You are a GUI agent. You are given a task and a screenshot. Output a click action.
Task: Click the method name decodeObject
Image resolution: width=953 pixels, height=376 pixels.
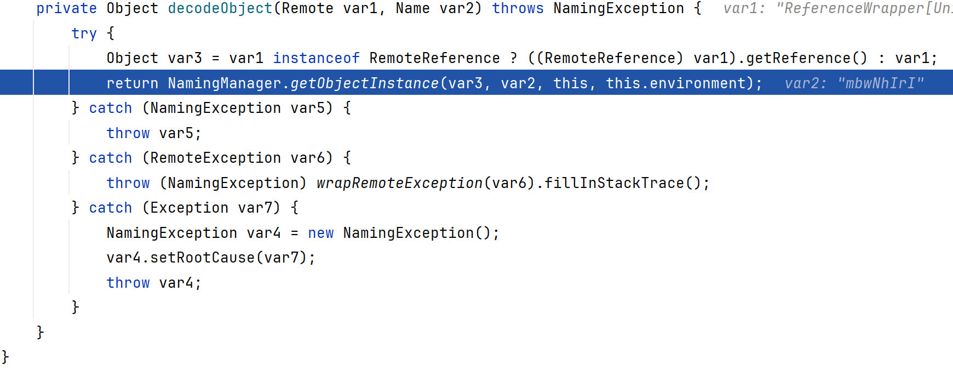[x=220, y=9]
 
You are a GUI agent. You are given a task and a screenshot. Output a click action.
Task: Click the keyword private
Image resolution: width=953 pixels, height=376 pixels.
[x=67, y=9]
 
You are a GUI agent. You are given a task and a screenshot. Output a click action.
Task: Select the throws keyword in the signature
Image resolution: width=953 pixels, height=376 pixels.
[x=518, y=8]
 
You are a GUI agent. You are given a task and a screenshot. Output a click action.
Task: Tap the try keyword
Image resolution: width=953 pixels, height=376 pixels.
[x=84, y=34]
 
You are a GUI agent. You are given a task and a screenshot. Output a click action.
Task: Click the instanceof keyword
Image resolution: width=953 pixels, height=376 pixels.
[x=317, y=58]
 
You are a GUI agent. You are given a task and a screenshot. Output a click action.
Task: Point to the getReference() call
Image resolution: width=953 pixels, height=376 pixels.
[x=807, y=58]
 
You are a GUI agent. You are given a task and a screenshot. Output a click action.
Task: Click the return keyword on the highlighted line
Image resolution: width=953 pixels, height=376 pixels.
[x=133, y=83]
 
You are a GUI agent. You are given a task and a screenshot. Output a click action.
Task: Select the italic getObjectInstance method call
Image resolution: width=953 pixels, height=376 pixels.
[x=365, y=83]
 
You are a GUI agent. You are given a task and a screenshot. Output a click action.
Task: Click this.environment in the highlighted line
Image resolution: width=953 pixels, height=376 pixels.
[x=676, y=83]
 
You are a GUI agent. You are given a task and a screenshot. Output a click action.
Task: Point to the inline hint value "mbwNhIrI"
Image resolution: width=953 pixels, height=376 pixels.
[x=881, y=83]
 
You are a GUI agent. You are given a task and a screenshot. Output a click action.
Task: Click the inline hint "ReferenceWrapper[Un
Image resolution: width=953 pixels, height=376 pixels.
[x=864, y=9]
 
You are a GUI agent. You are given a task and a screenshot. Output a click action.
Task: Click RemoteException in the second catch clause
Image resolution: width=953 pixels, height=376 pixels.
[x=216, y=158]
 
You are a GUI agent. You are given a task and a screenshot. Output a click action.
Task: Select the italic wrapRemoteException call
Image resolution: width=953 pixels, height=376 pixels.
[x=400, y=183]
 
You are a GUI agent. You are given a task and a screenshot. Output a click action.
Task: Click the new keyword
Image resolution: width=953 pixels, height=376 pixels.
[x=321, y=233]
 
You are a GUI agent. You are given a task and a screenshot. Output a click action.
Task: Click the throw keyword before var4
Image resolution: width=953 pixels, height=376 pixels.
[x=128, y=283]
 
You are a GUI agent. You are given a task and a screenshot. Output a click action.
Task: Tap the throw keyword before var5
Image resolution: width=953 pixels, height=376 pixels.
[x=128, y=133]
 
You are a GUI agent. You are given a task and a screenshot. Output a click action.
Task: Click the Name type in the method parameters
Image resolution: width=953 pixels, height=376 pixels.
[x=413, y=9]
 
